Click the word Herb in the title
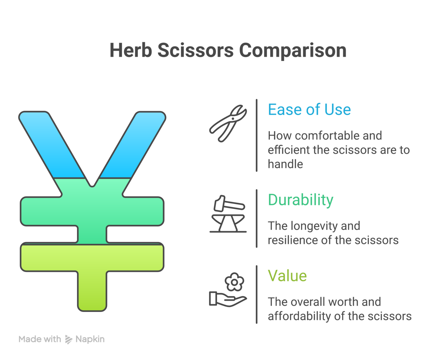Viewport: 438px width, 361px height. [131, 50]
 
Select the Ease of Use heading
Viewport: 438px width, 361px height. [309, 109]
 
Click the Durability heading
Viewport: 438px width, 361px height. [301, 200]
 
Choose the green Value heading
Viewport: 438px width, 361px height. [287, 276]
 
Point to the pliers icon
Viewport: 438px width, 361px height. [228, 123]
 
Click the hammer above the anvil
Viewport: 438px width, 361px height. [229, 204]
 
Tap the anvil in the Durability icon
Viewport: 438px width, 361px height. [228, 223]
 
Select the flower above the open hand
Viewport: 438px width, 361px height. [234, 282]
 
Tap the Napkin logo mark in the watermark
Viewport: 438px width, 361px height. [68, 339]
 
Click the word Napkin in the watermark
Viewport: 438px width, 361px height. [90, 339]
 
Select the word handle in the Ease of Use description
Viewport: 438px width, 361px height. [285, 164]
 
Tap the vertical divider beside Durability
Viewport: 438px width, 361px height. [257, 218]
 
